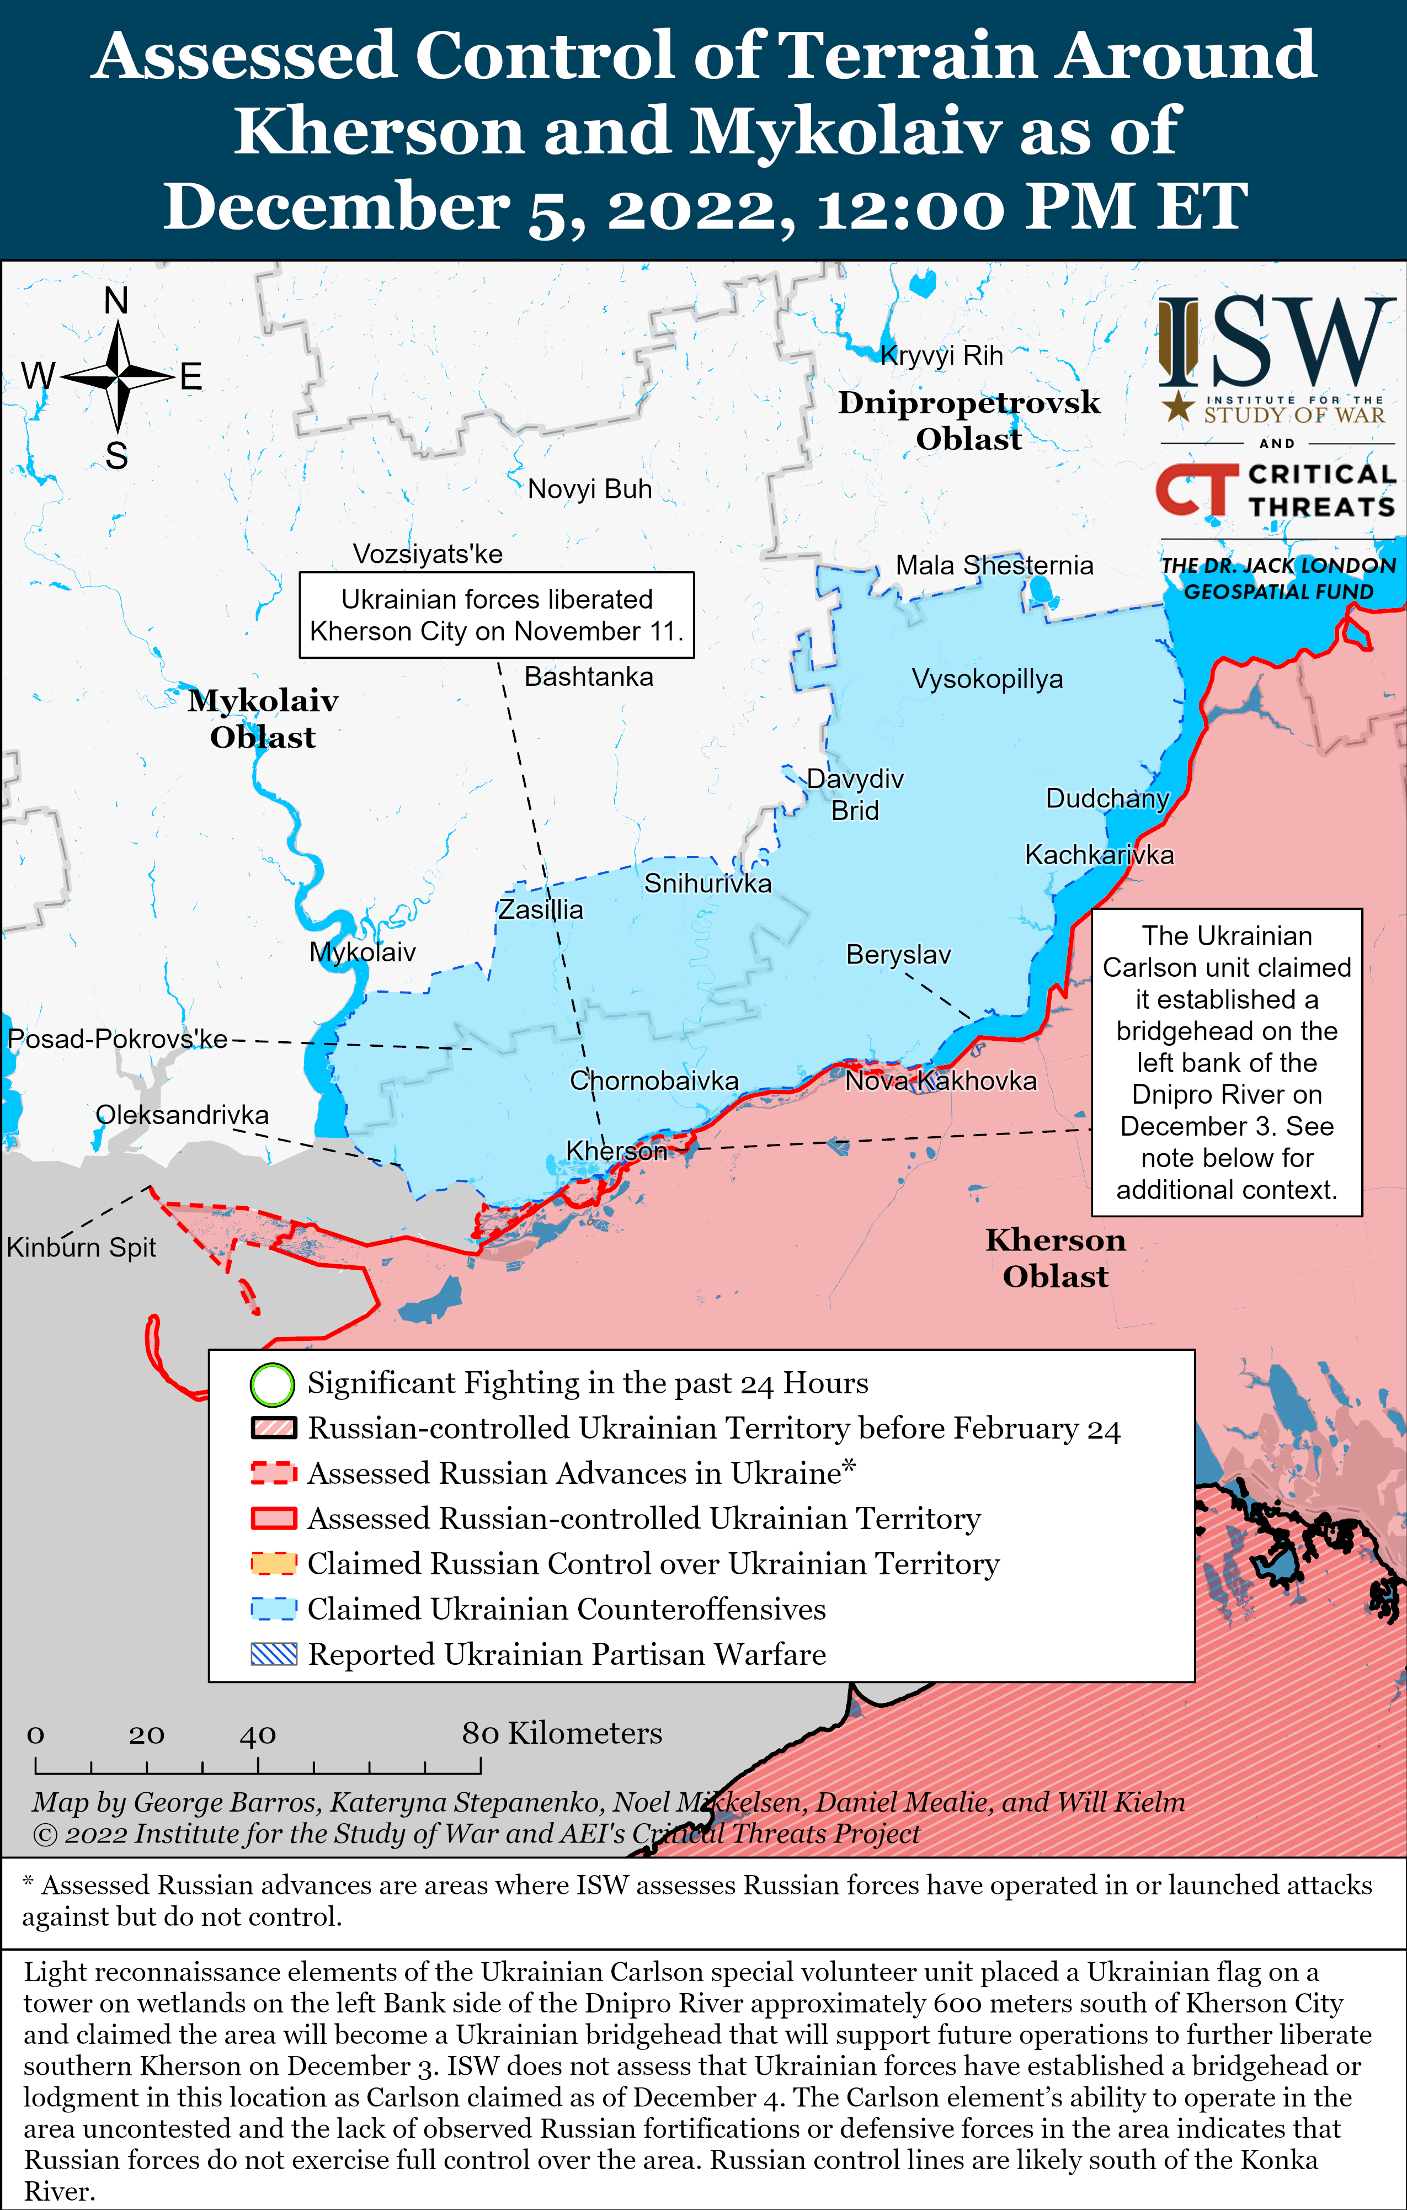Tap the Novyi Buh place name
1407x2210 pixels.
pos(589,489)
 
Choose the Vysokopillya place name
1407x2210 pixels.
pos(987,679)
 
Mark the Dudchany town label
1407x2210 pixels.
pos(1107,798)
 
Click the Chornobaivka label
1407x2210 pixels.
pos(653,1080)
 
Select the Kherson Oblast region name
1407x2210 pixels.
pos(1056,1258)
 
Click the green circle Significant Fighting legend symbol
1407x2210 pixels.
pos(273,1385)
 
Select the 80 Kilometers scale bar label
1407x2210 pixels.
pos(562,1733)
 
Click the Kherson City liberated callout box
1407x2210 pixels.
pos(497,615)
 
